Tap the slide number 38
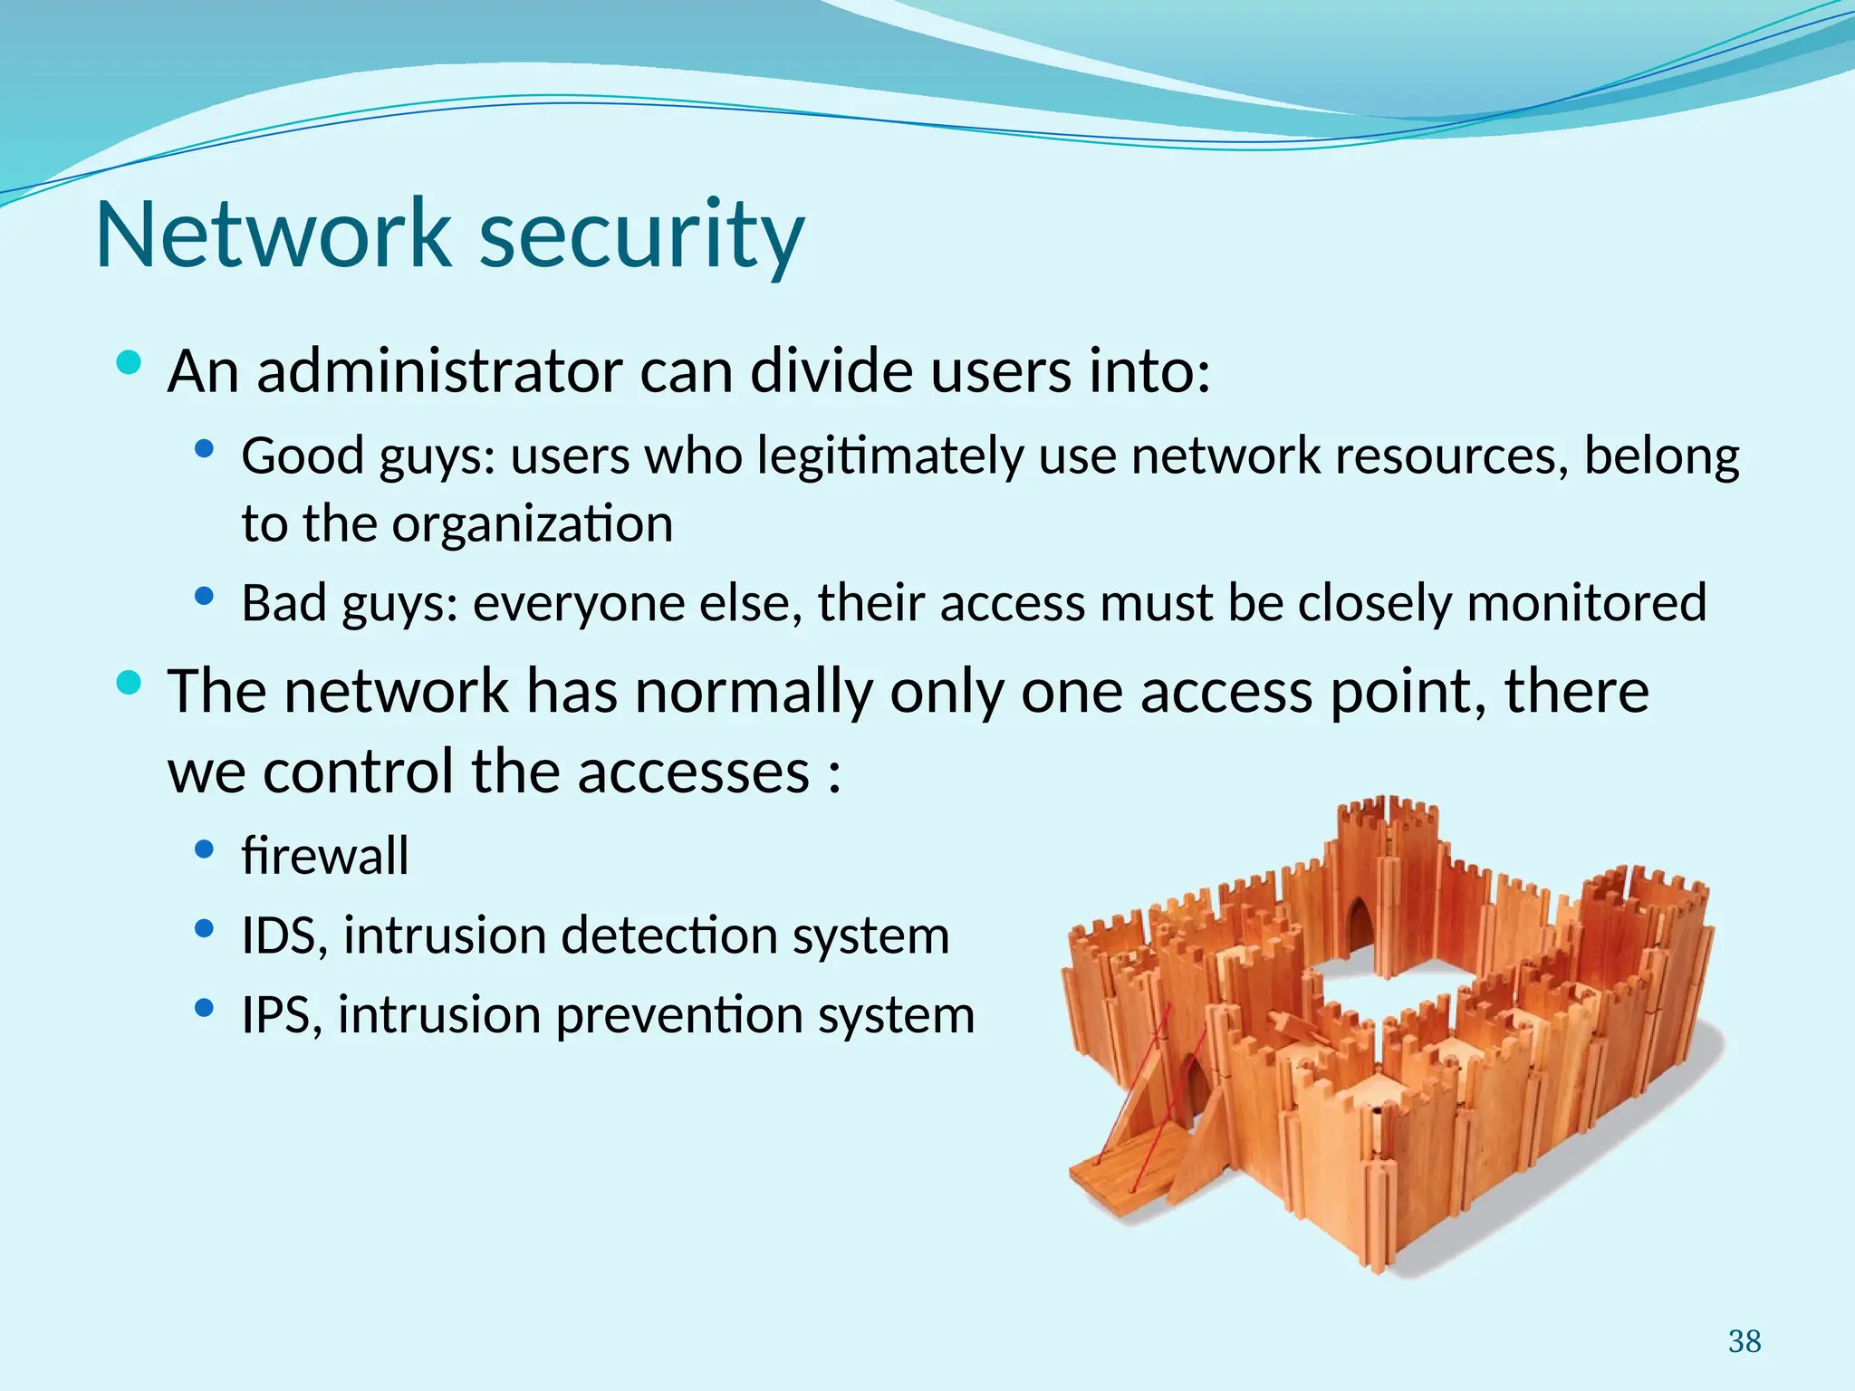[x=1744, y=1341]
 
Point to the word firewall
[x=325, y=856]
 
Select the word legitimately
[x=891, y=456]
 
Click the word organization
[x=533, y=524]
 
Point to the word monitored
[x=1586, y=603]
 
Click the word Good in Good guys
[x=303, y=456]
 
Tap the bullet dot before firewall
[x=205, y=849]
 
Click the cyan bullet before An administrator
[x=130, y=363]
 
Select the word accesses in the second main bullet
[x=693, y=772]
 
